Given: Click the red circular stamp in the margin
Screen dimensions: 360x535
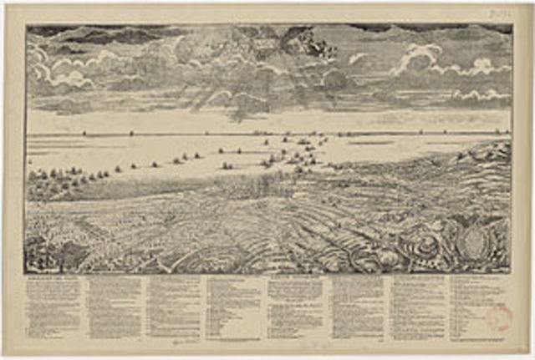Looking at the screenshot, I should coord(499,317).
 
